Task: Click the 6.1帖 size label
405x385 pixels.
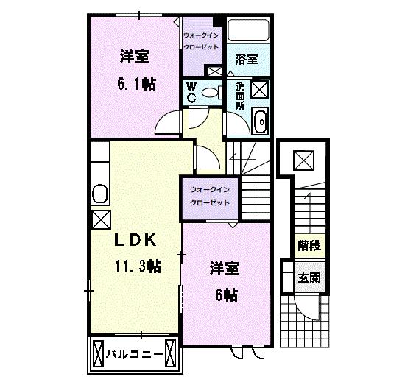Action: pyautogui.click(x=137, y=84)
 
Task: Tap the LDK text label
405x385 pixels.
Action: pyautogui.click(x=135, y=240)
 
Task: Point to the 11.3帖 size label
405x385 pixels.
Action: pyautogui.click(x=138, y=266)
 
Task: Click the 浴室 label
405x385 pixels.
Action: pyautogui.click(x=247, y=59)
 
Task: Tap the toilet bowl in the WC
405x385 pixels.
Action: pyautogui.click(x=212, y=93)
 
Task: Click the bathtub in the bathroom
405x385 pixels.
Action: pyautogui.click(x=248, y=30)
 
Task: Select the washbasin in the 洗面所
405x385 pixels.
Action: pyautogui.click(x=261, y=121)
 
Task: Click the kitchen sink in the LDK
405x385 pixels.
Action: pyautogui.click(x=99, y=194)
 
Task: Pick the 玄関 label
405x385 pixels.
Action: pyautogui.click(x=309, y=278)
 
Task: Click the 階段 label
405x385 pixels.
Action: pyautogui.click(x=309, y=246)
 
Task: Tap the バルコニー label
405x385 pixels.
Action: pyautogui.click(x=134, y=354)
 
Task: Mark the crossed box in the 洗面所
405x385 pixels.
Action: pyautogui.click(x=260, y=89)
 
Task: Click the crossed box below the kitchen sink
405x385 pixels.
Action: pyautogui.click(x=102, y=220)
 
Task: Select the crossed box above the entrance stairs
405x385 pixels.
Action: pyautogui.click(x=303, y=160)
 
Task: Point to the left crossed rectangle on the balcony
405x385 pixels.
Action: pyautogui.click(x=98, y=353)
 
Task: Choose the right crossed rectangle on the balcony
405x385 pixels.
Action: pyautogui.click(x=170, y=353)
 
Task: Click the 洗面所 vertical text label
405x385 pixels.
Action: pyautogui.click(x=240, y=96)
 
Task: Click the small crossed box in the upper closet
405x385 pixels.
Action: pyautogui.click(x=215, y=71)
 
